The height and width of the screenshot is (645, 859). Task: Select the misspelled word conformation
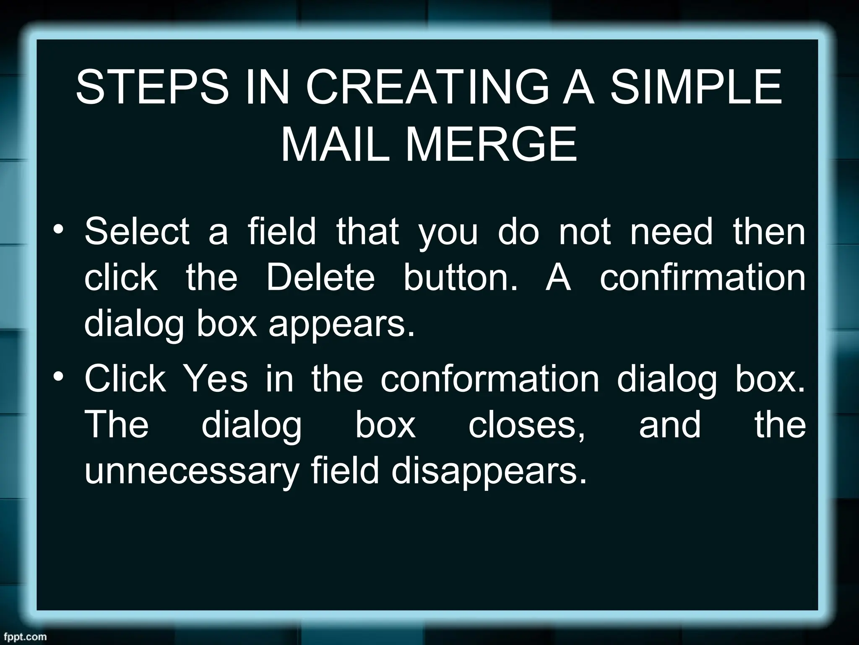490,379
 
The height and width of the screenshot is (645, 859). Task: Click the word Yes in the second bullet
216,379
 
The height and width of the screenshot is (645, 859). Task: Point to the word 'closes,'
526,425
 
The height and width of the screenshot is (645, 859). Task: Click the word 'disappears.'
489,473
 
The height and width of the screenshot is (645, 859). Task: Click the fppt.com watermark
23,637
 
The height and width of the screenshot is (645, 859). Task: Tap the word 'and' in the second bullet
669,425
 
